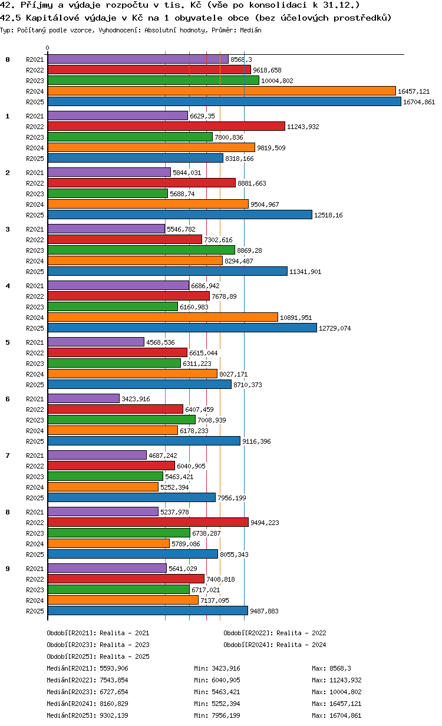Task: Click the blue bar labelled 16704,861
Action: (x=224, y=102)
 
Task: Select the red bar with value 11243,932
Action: (x=166, y=126)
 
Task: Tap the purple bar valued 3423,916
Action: (x=84, y=398)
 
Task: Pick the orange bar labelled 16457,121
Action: (x=222, y=91)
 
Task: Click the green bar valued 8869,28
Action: (x=141, y=250)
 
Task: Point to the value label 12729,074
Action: (x=335, y=328)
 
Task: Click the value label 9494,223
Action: (x=265, y=523)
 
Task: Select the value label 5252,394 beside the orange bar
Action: (x=174, y=487)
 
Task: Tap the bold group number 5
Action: (x=8, y=342)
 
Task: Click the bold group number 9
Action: (x=8, y=569)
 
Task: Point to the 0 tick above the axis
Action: (x=48, y=48)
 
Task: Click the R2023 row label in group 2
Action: (x=35, y=194)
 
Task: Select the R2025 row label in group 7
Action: (x=35, y=498)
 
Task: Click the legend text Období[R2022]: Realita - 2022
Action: (x=275, y=633)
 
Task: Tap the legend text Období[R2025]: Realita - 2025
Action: (x=98, y=656)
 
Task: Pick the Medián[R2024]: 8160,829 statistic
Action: (x=87, y=704)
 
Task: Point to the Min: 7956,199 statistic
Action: (x=217, y=715)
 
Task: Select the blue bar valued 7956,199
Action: (x=131, y=497)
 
